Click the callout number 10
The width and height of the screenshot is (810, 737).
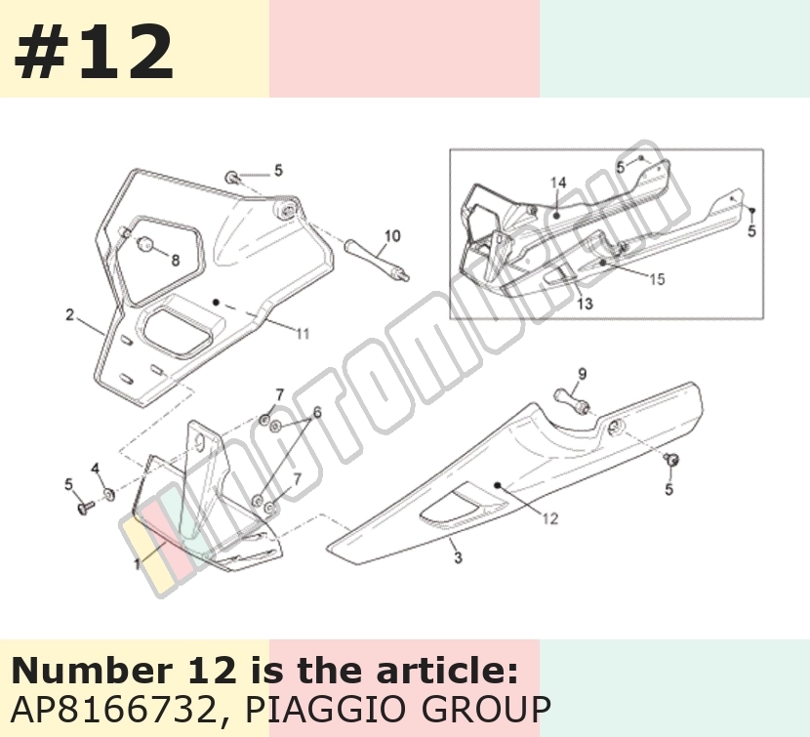(392, 236)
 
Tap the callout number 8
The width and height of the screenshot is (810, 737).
(176, 260)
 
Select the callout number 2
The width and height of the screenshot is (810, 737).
(70, 314)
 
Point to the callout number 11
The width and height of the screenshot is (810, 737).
(303, 334)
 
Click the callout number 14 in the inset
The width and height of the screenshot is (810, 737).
(558, 183)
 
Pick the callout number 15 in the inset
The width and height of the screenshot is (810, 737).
(657, 279)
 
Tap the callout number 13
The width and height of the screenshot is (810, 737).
(585, 304)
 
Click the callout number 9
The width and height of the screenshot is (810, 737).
(583, 374)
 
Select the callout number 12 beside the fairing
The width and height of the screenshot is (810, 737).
(550, 518)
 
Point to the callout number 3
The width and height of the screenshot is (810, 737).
(458, 557)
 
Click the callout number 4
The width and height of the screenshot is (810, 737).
(96, 469)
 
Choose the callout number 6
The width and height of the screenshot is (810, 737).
(317, 413)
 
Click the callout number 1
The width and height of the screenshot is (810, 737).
(137, 563)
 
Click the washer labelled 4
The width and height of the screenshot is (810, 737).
(109, 495)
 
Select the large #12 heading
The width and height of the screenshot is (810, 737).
(94, 53)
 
